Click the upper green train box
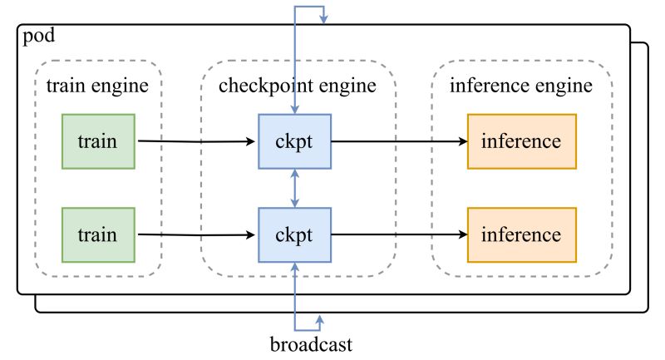click(98, 141)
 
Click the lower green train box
click(98, 234)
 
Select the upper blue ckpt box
click(294, 141)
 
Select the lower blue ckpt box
click(294, 234)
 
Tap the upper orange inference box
click(521, 141)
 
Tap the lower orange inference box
click(521, 234)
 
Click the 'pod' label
click(38, 37)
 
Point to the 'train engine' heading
click(97, 85)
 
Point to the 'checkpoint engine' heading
click(297, 85)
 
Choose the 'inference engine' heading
click(521, 85)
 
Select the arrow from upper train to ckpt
click(196, 141)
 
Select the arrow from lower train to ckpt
click(196, 234)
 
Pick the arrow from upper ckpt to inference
click(399, 141)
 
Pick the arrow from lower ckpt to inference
click(399, 234)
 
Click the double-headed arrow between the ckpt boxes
click(295, 188)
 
